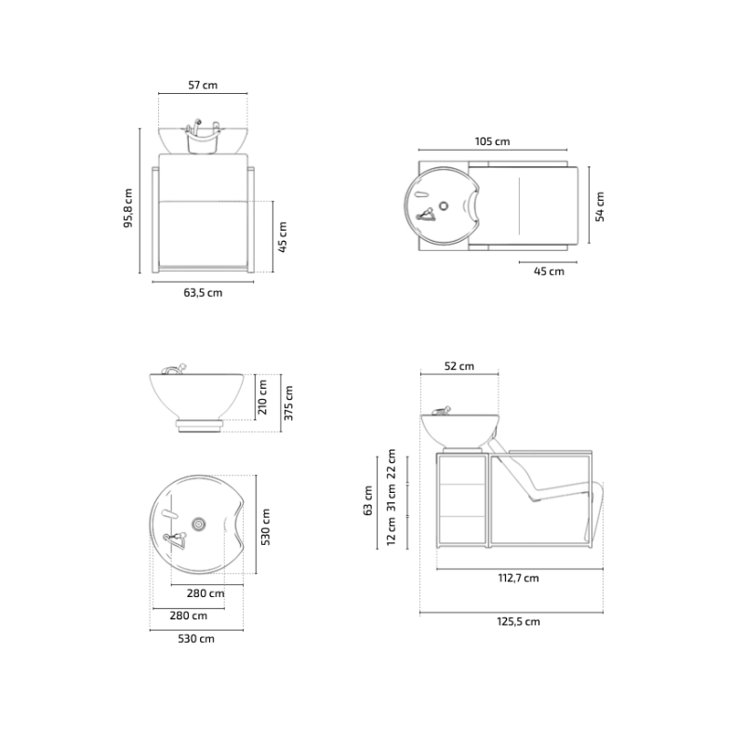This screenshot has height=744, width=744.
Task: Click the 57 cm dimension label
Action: (x=203, y=86)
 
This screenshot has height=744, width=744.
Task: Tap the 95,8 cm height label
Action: (x=128, y=207)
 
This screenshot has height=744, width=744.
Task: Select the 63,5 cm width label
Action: (x=203, y=293)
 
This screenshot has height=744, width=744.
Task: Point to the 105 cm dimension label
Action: (x=492, y=141)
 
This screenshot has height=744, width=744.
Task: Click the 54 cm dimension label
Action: (x=600, y=206)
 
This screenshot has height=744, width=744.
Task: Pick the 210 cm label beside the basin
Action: (x=262, y=397)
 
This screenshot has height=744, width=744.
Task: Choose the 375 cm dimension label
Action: (x=288, y=403)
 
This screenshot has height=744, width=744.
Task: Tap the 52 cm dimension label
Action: (x=458, y=366)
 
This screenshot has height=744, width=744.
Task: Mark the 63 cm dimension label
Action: (x=367, y=500)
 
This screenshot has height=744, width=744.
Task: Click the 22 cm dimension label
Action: (x=392, y=463)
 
